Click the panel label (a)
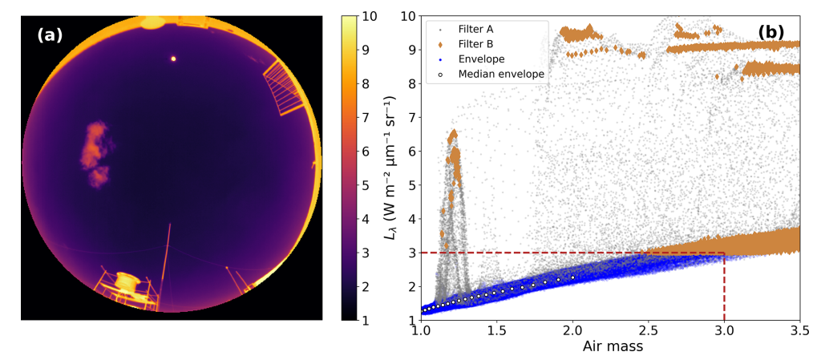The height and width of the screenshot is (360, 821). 49,34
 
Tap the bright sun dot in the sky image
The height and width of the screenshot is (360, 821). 172,59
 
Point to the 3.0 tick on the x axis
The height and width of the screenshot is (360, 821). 724,330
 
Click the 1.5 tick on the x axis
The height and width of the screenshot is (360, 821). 496,330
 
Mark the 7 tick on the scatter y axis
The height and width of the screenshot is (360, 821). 411,117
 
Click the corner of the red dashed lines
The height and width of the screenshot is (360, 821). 724,253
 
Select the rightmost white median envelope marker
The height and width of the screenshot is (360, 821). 572,277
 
